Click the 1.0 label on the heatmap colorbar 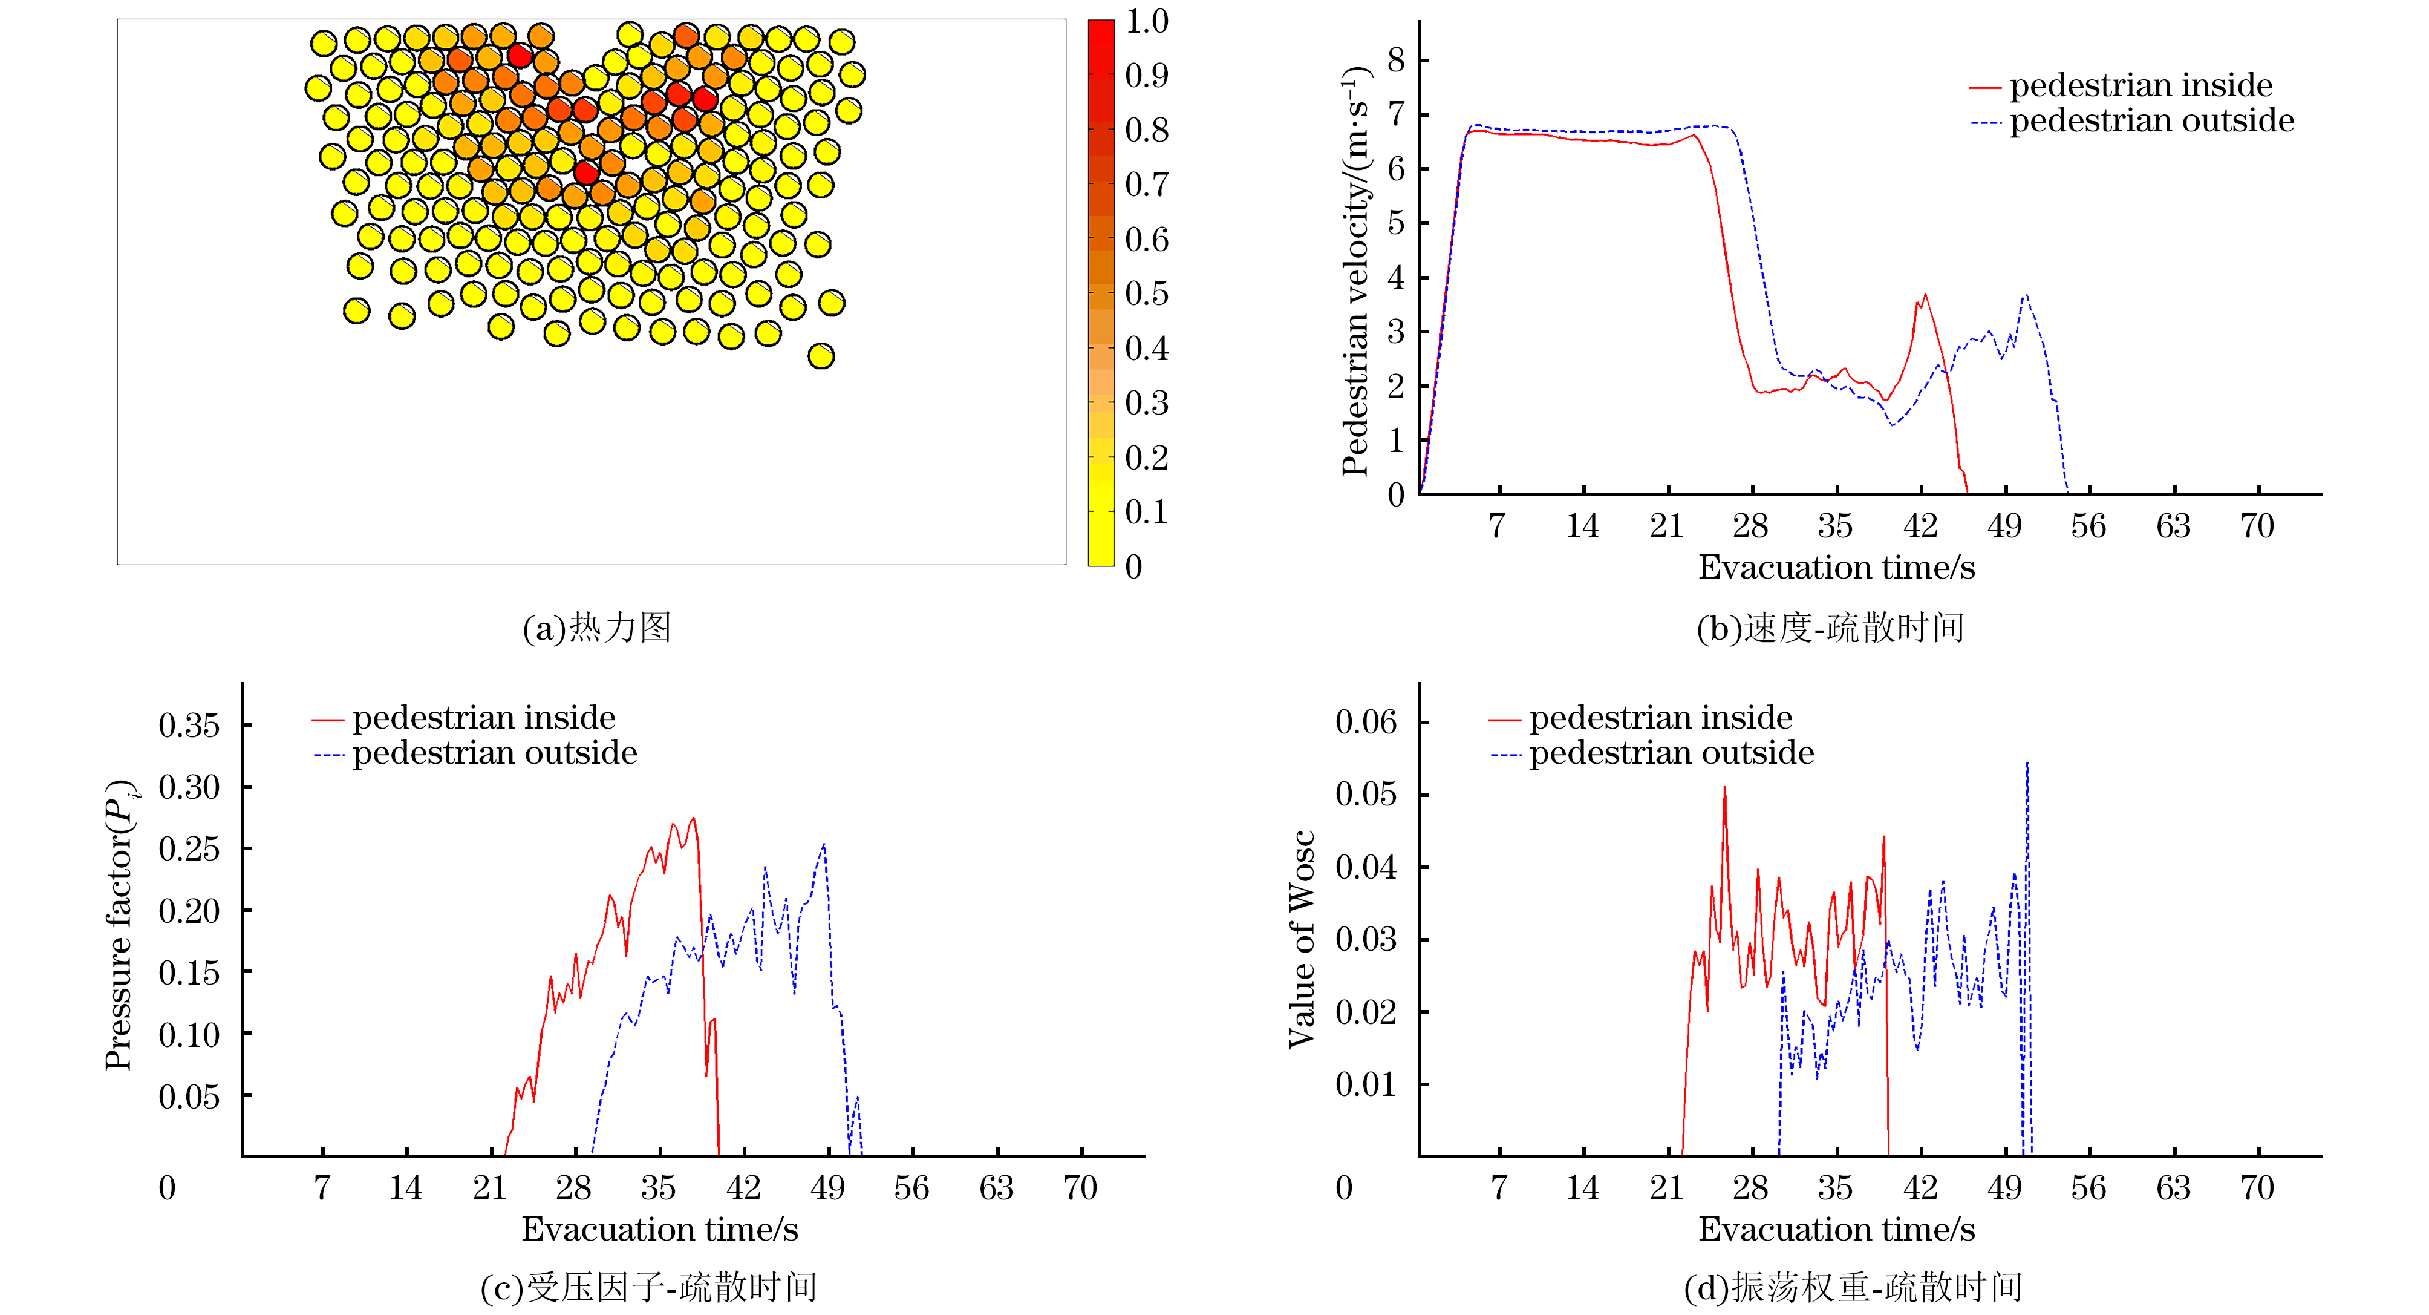[1147, 22]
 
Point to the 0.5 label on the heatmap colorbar [1147, 294]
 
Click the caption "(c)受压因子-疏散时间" [649, 1287]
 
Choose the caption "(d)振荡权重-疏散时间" [1853, 1287]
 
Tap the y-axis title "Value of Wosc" [1302, 939]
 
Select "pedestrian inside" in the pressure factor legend [483, 718]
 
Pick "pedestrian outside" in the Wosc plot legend [1671, 753]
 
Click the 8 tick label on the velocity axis [1395, 61]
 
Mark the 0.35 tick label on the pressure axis [189, 726]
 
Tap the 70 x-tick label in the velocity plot [2257, 525]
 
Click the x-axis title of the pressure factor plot [659, 1229]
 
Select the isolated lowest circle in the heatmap [820, 356]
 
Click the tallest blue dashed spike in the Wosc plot [2027, 766]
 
